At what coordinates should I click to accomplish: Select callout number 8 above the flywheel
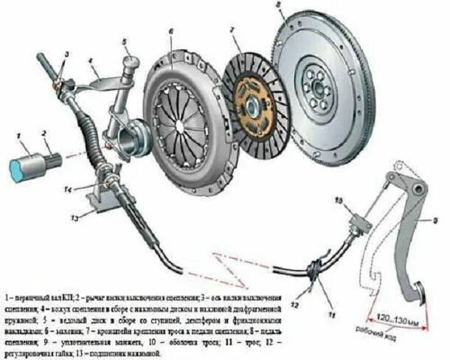click(x=278, y=5)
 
